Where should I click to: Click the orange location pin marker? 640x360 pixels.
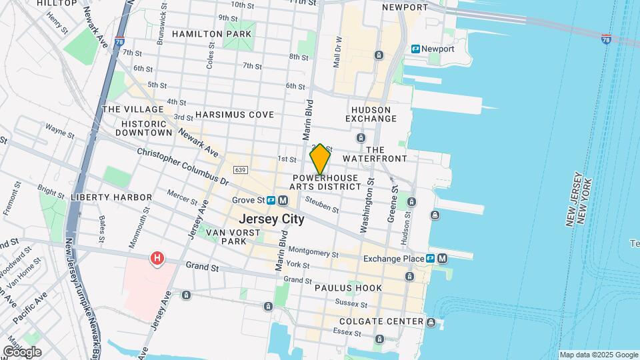[320, 159]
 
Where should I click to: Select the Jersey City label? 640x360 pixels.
[271, 219]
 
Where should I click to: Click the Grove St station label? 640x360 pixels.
[248, 200]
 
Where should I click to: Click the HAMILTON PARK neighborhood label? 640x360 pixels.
[212, 33]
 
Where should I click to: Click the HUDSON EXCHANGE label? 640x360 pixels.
[373, 113]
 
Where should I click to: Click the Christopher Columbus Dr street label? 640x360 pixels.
[183, 166]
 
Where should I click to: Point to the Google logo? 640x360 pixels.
[22, 351]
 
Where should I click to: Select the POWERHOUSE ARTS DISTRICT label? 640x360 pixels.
[325, 182]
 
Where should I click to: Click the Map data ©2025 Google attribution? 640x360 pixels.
[599, 355]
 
